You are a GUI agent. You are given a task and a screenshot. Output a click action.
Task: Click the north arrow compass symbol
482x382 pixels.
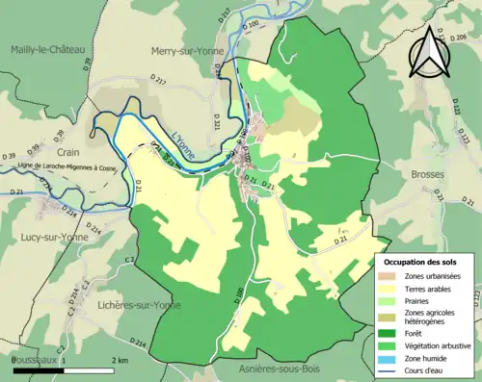pyautogui.click(x=428, y=50)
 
